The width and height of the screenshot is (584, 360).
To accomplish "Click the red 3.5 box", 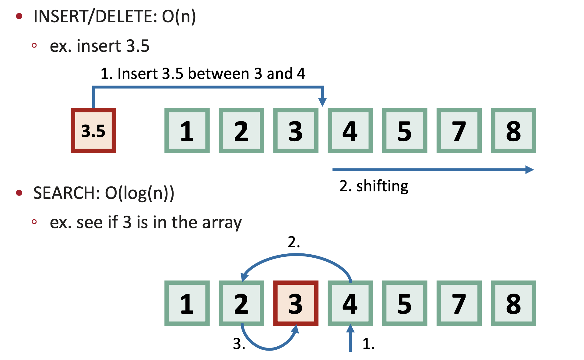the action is pos(93,130).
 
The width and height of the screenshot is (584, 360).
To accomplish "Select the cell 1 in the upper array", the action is pos(187,130).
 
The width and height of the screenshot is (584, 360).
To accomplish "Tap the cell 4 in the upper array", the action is pos(350,130).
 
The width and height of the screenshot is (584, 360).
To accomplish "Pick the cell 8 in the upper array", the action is pos(513,130).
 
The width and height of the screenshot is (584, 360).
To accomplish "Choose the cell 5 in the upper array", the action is pos(404,130).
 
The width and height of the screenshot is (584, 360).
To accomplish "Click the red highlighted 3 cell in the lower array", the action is pos(296,303).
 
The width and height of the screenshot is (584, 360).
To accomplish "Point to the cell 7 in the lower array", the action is pos(459,303).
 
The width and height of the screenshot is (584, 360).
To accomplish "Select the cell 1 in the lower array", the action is pos(187,303).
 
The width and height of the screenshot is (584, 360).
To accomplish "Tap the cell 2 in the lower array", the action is pos(241,303).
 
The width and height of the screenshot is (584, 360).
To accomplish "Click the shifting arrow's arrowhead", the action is pos(529,170).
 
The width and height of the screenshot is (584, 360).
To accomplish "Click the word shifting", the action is pos(382,186).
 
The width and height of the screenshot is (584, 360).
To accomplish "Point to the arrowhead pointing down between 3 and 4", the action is pos(322,102).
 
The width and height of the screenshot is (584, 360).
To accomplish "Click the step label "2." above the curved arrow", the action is pos(294,242).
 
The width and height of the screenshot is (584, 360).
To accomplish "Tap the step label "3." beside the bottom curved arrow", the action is pos(239,344).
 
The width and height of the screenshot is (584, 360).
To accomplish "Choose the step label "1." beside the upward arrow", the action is pos(368,344).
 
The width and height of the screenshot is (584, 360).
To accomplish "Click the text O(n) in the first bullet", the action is pos(179,16).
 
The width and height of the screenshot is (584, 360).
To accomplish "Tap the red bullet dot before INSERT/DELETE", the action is pos(19,16).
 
